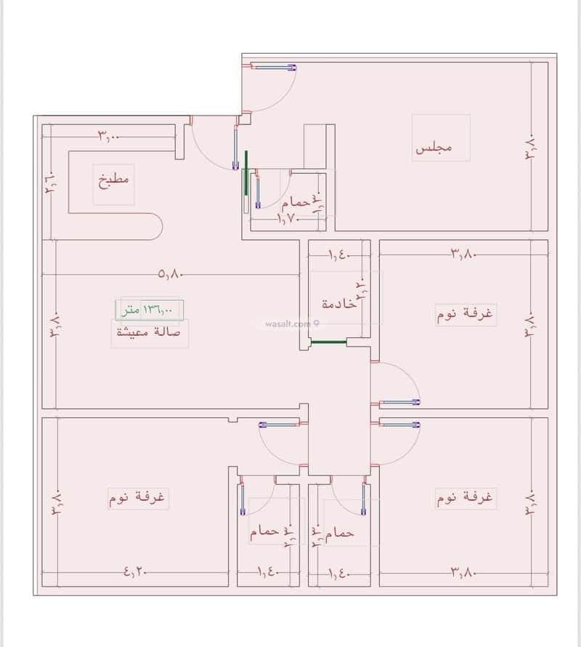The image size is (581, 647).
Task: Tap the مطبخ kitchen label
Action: point(114,179)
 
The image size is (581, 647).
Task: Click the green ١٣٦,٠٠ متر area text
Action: point(148,310)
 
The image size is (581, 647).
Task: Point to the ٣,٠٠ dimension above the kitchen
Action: point(109,135)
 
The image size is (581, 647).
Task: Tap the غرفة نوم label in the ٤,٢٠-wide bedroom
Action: point(138,498)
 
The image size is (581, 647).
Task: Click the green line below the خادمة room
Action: point(328,341)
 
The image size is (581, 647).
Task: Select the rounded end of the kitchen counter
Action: point(154,226)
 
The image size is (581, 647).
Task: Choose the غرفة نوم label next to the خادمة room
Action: point(466,315)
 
